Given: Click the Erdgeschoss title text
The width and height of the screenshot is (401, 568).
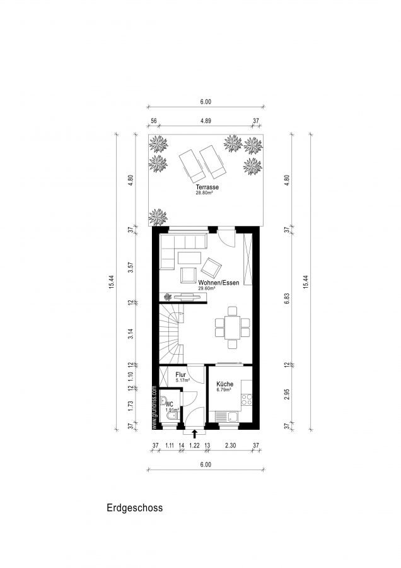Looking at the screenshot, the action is (x=135, y=508).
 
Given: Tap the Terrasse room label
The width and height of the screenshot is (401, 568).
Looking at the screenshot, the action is (x=207, y=187).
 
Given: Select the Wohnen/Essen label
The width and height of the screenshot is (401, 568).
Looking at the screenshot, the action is (x=219, y=283).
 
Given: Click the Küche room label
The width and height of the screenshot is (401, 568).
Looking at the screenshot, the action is (x=224, y=384).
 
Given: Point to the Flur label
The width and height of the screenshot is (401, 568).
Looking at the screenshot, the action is (x=180, y=374).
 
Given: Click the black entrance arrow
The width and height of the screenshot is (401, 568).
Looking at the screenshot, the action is (x=194, y=434).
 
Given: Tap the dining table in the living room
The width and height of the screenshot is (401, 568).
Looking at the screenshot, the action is (x=232, y=328).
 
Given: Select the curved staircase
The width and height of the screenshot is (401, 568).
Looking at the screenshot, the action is (x=171, y=334).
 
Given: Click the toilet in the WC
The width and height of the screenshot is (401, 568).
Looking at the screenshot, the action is (x=171, y=415).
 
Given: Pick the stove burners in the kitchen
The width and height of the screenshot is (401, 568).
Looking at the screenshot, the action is (x=247, y=399).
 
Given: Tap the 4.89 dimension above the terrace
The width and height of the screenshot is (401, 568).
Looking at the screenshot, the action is (x=206, y=121).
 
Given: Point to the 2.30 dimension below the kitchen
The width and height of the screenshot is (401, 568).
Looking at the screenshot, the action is (x=230, y=445).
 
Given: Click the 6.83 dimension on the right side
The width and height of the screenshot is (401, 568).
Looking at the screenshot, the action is (x=287, y=298).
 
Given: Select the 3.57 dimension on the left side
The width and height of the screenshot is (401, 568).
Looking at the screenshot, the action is (x=131, y=268).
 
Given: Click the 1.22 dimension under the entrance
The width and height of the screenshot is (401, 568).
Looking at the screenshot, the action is (x=194, y=445).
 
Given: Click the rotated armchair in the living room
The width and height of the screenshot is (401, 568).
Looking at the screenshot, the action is (x=211, y=268).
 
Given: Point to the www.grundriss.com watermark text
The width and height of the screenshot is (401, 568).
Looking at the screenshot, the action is (x=154, y=408).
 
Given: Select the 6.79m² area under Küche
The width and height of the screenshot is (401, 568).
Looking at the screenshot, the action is (x=224, y=390).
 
